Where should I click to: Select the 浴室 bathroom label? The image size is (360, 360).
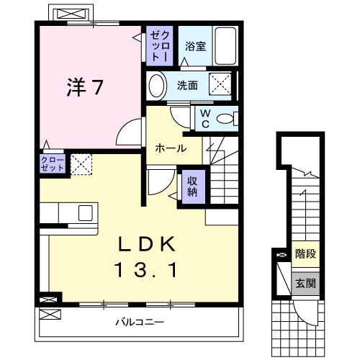194,46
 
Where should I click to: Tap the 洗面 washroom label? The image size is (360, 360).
188,85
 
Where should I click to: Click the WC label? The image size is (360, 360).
205,117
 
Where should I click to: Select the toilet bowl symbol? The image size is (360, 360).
226,118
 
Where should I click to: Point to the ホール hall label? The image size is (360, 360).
171,148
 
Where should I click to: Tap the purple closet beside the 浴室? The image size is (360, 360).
158,45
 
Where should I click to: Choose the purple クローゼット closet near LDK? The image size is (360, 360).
53,163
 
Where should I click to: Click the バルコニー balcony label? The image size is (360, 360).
140,321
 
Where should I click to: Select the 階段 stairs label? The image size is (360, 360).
305,254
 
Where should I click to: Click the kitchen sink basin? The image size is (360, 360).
85,213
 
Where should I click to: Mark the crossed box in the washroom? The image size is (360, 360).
220,85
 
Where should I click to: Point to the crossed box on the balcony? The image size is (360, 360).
50,315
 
